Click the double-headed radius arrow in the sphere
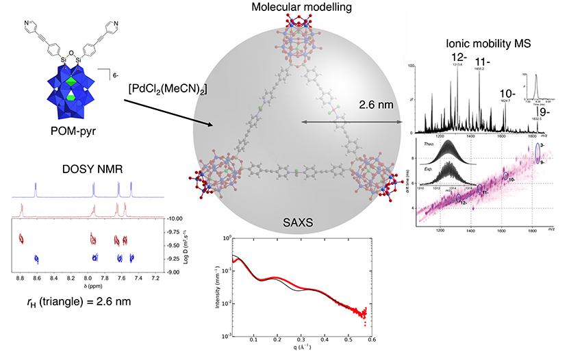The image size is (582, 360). pos(353,123)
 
